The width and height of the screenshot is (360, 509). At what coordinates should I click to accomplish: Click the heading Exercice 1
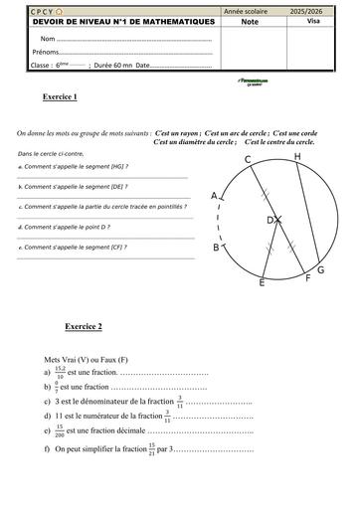pos(61,96)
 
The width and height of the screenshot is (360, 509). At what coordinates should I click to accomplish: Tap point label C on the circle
pos(247,160)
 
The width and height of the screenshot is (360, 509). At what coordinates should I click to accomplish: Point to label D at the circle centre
pos(270,220)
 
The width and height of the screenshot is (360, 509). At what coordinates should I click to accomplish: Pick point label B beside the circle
pos(216,248)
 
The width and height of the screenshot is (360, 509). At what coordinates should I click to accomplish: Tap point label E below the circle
pos(262,283)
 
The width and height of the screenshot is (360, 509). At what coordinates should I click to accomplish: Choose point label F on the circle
pos(307,279)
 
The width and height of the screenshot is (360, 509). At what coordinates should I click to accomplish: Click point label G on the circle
pos(320,270)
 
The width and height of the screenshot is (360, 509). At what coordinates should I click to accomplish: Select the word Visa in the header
pos(314,18)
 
